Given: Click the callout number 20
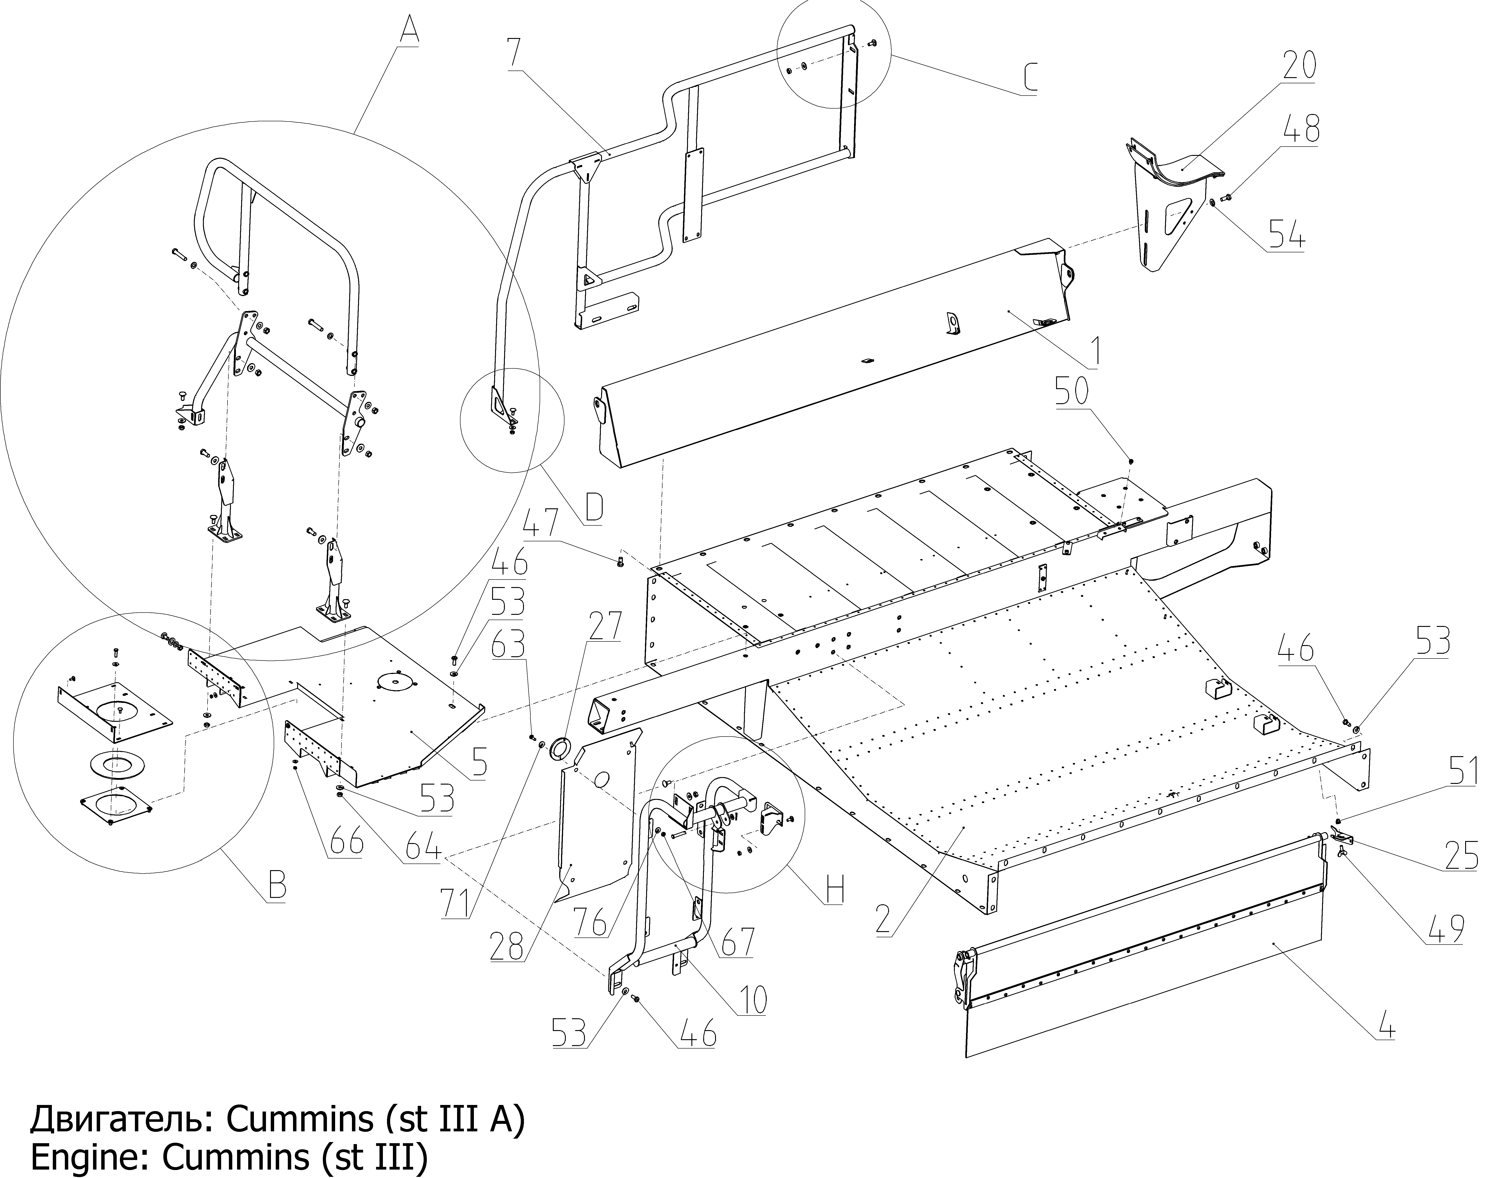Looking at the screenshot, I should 1299,66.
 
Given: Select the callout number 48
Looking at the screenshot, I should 1301,129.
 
